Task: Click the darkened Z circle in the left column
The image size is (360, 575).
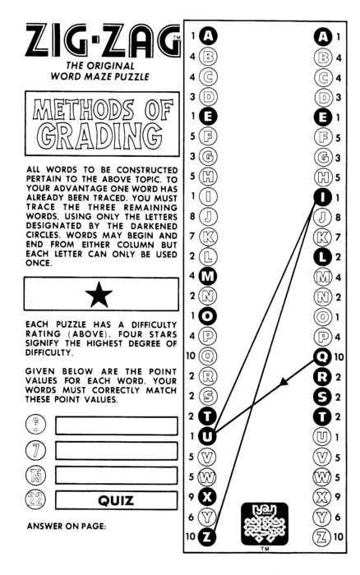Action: pyautogui.click(x=207, y=536)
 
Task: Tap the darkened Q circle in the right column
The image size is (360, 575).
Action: pyautogui.click(x=322, y=356)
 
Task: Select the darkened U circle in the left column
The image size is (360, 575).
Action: pyautogui.click(x=207, y=436)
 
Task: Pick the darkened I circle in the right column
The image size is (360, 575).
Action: pyautogui.click(x=322, y=197)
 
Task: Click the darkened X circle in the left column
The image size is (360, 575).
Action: pyautogui.click(x=207, y=496)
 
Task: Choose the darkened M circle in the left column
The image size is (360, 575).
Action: pyautogui.click(x=207, y=276)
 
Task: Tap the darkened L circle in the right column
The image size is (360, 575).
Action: pyautogui.click(x=322, y=256)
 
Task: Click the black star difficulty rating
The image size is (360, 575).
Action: pyautogui.click(x=99, y=294)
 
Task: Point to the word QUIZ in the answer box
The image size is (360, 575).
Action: pyautogui.click(x=116, y=500)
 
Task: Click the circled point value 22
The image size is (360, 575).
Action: pyautogui.click(x=35, y=499)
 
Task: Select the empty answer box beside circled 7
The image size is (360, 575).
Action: pyautogui.click(x=117, y=451)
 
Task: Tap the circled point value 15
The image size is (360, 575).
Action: pyautogui.click(x=35, y=476)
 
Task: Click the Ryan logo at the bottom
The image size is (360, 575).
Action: pyautogui.click(x=265, y=524)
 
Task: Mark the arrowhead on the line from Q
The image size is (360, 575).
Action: pyautogui.click(x=283, y=383)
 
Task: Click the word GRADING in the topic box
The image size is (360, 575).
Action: pyautogui.click(x=99, y=136)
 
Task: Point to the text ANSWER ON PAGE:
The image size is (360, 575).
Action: pyautogui.click(x=67, y=527)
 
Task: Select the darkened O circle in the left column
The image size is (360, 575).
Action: pyautogui.click(x=207, y=316)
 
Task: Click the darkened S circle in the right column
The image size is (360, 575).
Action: pyautogui.click(x=322, y=397)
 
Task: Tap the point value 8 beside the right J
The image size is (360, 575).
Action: pyautogui.click(x=338, y=218)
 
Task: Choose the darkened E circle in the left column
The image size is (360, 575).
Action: pyautogui.click(x=207, y=117)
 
